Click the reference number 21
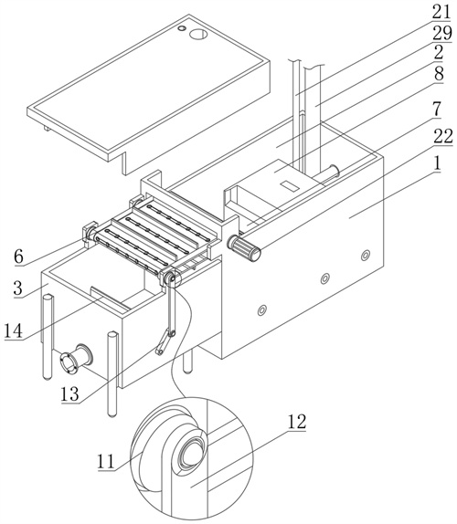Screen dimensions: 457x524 pyautogui.click(x=441, y=13)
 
